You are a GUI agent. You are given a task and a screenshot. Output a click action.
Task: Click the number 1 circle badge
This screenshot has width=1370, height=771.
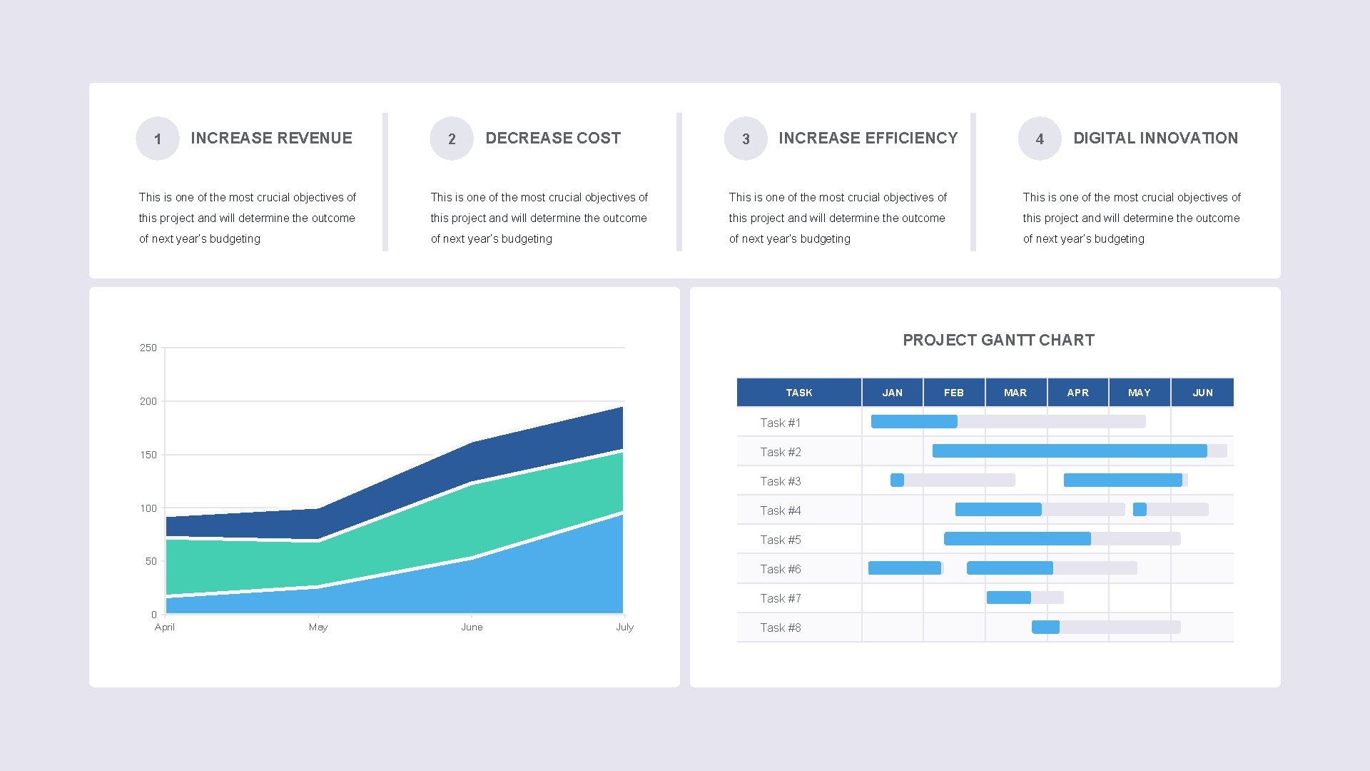coord(158,138)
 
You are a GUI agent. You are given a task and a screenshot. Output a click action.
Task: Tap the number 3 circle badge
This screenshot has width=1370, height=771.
coord(746,138)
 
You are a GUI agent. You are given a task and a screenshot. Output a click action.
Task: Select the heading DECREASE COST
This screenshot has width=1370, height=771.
coord(553,138)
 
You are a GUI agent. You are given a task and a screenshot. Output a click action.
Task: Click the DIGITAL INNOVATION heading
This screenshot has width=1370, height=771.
coord(1155,138)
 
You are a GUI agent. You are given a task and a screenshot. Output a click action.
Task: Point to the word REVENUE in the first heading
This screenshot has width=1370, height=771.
coord(313,138)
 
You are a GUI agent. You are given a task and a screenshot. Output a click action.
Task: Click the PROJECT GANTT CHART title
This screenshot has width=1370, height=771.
coord(998,340)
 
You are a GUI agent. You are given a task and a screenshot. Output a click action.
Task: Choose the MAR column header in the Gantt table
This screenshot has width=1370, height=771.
coord(1015,393)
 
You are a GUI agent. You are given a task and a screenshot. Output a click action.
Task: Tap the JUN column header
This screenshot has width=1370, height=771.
coord(1202,393)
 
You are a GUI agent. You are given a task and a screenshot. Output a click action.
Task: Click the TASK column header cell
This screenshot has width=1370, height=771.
coord(798,393)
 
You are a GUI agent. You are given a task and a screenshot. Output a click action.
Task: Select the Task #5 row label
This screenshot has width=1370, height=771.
coord(780,540)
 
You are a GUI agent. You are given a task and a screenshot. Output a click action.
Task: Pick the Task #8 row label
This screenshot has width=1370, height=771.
coord(780,628)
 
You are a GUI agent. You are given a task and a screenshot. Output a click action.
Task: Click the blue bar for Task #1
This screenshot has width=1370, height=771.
coord(914,422)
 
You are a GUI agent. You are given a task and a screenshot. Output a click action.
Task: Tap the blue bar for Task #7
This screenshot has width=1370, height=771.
coord(1008,598)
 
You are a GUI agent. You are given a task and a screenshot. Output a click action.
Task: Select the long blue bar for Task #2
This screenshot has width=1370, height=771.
coord(1070,451)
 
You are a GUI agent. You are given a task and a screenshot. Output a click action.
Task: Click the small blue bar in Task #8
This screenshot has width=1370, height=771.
coord(1045,627)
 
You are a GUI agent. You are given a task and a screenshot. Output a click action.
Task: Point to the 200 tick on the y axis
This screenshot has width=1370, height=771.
coord(148,401)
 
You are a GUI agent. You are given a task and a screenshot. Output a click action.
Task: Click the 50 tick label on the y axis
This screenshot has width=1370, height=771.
coord(151,561)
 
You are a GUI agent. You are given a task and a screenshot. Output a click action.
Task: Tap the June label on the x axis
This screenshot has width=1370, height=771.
coord(472,627)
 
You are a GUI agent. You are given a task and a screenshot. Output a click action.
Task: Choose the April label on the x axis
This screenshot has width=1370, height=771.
coord(164,627)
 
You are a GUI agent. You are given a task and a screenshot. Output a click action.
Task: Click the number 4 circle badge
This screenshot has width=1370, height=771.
coord(1040,138)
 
